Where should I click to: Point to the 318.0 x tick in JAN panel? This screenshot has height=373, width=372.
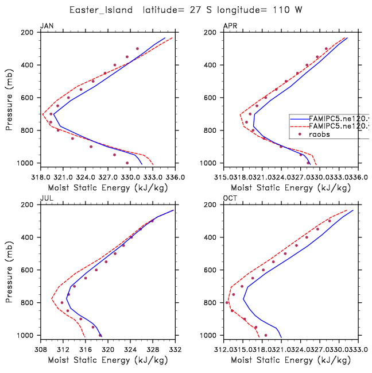[41, 171]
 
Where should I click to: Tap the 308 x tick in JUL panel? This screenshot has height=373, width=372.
[41, 343]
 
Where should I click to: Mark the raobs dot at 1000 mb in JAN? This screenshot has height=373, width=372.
[127, 163]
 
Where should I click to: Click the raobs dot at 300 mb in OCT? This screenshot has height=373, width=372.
[330, 221]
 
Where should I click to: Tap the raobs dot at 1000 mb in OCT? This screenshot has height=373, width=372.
[265, 335]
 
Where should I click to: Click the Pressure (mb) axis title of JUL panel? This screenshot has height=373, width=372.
[10, 270]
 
